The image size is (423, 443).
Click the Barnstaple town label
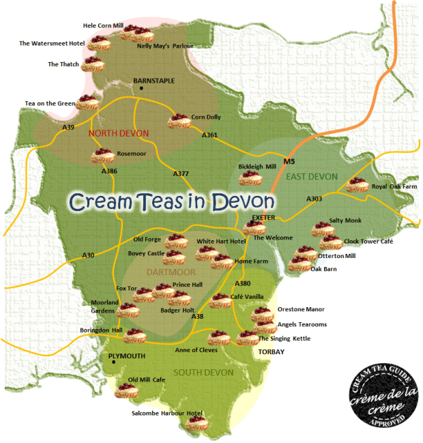click(x=154, y=81)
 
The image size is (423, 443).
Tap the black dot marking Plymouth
click(x=114, y=362)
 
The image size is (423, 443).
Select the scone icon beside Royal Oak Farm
click(x=356, y=185)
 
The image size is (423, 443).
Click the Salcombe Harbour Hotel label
click(x=167, y=413)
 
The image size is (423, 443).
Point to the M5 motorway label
click(x=289, y=162)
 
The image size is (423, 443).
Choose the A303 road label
click(x=314, y=199)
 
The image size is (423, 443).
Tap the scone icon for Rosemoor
click(x=103, y=156)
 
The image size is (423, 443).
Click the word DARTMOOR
click(x=171, y=272)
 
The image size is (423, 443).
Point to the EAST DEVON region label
click(x=312, y=177)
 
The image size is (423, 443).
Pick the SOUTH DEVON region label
click(x=203, y=372)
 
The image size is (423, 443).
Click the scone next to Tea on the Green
click(x=87, y=102)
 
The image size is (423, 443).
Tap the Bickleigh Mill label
click(x=257, y=166)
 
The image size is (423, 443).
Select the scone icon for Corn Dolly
click(x=179, y=121)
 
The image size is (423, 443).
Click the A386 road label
click(x=109, y=171)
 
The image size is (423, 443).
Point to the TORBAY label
click(x=271, y=352)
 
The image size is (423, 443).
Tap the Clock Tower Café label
click(x=368, y=241)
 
